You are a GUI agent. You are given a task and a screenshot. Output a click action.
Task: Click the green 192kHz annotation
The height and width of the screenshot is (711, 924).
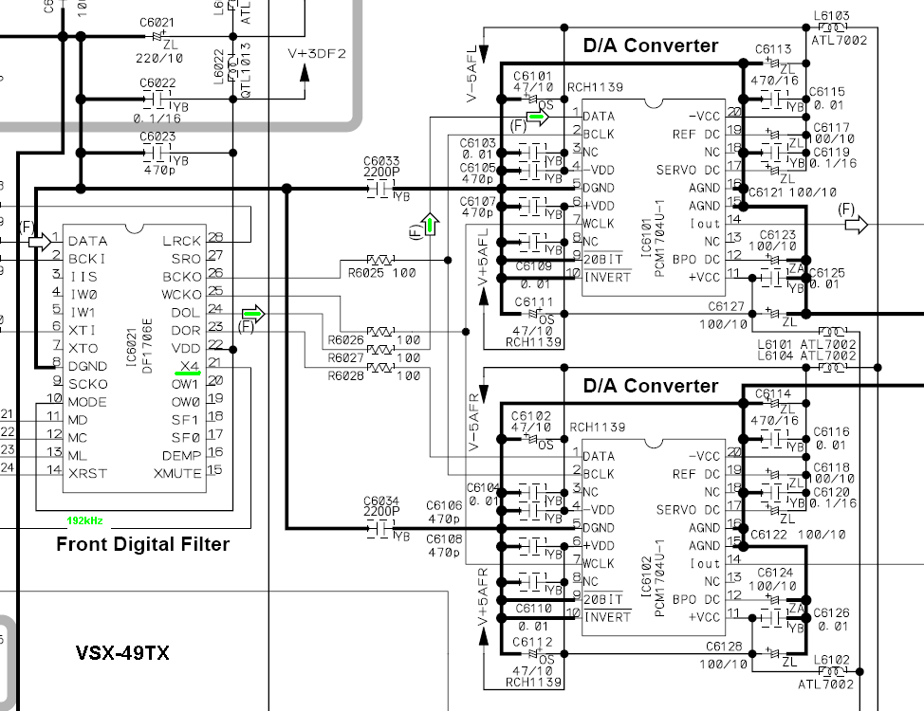[84, 520]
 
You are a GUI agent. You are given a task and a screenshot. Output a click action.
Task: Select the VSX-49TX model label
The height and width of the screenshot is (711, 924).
[122, 653]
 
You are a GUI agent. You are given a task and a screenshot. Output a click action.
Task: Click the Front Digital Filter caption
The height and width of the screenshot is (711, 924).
[142, 544]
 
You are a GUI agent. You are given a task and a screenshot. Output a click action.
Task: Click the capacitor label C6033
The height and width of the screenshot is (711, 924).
[381, 162]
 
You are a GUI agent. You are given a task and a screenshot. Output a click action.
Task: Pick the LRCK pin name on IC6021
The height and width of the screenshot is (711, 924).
[182, 241]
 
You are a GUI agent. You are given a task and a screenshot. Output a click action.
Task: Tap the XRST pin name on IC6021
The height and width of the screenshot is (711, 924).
[87, 473]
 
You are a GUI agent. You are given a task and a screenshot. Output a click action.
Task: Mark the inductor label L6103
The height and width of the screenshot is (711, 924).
[832, 16]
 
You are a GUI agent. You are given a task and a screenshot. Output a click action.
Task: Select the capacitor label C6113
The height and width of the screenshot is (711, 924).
[773, 50]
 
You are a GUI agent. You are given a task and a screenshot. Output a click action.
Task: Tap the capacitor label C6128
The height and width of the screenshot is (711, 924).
[725, 647]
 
